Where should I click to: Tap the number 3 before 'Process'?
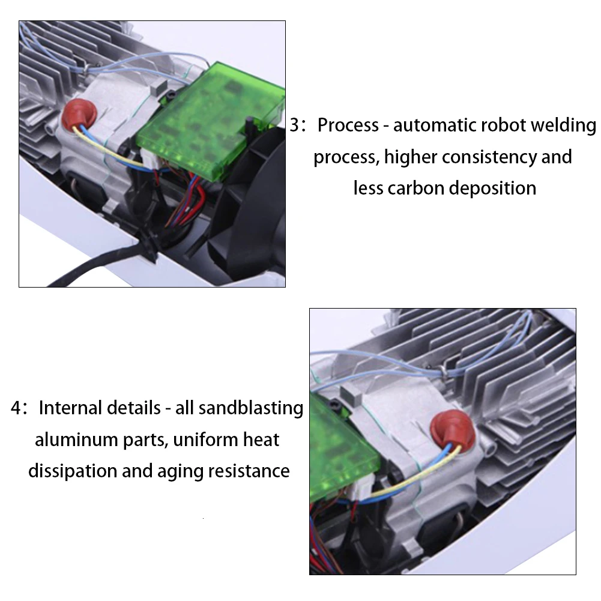pos(294,126)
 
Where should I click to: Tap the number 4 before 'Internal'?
pos(16,408)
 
